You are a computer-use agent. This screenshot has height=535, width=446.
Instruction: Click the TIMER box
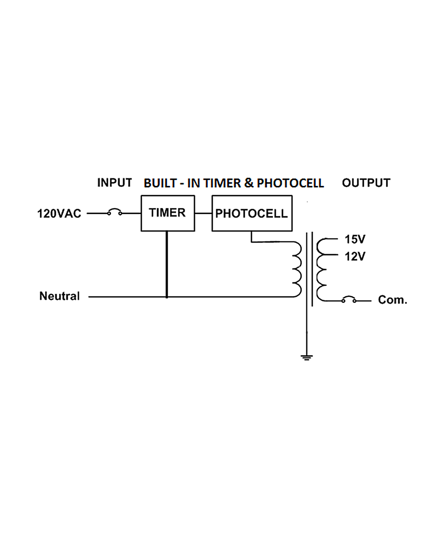click(168, 213)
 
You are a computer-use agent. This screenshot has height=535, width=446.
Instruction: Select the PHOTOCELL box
click(252, 213)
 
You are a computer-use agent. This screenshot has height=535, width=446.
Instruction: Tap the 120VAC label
click(59, 214)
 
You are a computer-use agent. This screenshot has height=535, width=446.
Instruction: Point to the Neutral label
click(59, 296)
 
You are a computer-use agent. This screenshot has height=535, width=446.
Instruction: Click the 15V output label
click(355, 239)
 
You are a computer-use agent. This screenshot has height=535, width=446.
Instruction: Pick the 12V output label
click(355, 256)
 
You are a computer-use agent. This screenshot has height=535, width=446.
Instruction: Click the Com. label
click(392, 300)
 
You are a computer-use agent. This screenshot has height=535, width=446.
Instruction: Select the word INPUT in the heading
click(115, 183)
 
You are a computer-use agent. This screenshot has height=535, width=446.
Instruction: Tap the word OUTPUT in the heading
click(366, 183)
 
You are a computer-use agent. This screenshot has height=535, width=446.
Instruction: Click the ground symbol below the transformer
click(306, 358)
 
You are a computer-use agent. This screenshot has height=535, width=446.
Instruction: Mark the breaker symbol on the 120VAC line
click(115, 212)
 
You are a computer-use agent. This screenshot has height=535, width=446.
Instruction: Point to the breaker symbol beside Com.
click(349, 299)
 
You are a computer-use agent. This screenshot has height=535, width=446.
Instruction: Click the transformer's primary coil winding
click(297, 269)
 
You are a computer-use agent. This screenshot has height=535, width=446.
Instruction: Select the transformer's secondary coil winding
click(322, 270)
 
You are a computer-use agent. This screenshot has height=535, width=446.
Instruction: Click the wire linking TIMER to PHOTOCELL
click(203, 213)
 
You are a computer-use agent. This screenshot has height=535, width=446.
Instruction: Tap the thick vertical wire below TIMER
click(167, 264)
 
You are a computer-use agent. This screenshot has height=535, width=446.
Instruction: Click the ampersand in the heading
click(248, 183)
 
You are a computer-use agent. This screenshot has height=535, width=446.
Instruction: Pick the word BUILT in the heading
click(160, 183)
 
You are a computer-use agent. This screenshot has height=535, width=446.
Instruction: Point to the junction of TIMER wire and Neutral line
click(167, 297)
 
